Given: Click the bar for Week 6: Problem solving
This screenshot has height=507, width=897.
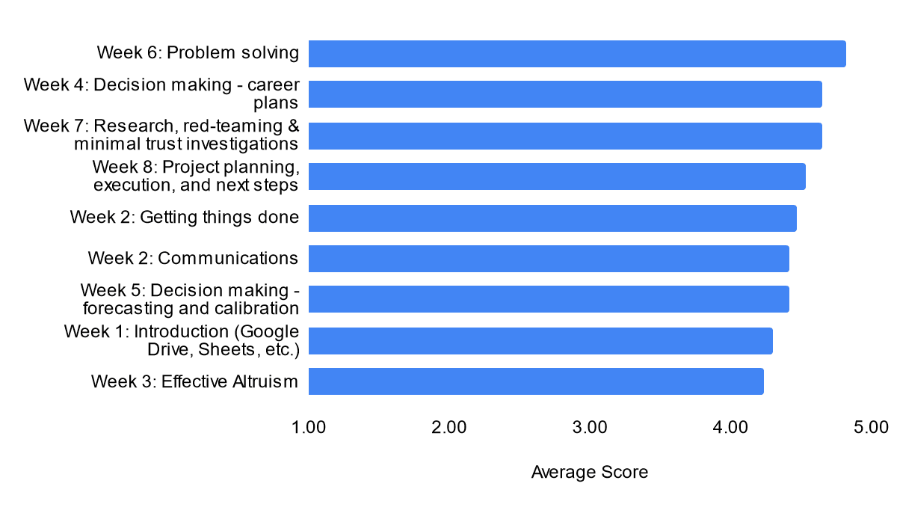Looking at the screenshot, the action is [x=577, y=54].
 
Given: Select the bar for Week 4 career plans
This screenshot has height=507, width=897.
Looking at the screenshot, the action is [x=565, y=94].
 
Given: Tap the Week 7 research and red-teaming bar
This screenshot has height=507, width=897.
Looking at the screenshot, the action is [x=565, y=136].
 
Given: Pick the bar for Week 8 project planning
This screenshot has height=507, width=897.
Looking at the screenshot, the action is [x=557, y=176].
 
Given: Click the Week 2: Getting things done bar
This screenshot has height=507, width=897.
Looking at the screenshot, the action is [x=552, y=218].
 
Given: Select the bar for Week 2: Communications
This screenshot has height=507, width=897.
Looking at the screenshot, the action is [x=549, y=259].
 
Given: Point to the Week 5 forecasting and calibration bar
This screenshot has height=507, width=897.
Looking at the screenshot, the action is [x=549, y=299].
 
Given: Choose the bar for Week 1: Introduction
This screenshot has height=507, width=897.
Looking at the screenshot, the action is [x=540, y=341].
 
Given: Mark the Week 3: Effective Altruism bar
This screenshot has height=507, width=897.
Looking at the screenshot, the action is [x=536, y=381].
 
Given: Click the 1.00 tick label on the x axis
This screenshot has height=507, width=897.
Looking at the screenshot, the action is [x=308, y=427].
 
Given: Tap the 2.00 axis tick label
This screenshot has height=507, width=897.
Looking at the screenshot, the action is [x=449, y=427].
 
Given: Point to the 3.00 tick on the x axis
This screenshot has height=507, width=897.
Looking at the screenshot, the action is [x=590, y=427].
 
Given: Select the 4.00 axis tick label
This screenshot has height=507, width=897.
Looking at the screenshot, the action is [x=730, y=427].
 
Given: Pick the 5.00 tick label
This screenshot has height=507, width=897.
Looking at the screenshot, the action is [x=871, y=427].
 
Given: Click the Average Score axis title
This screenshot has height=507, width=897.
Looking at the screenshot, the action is [x=590, y=472].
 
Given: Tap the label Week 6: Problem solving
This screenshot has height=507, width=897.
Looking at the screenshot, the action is [x=198, y=53].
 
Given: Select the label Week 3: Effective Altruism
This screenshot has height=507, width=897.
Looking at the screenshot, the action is [x=194, y=381].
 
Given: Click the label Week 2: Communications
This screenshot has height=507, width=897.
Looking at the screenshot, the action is [x=193, y=258].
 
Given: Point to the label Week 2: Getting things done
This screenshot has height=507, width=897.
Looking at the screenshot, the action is [x=185, y=218].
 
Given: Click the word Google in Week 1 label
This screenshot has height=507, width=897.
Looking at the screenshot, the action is [x=266, y=332].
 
